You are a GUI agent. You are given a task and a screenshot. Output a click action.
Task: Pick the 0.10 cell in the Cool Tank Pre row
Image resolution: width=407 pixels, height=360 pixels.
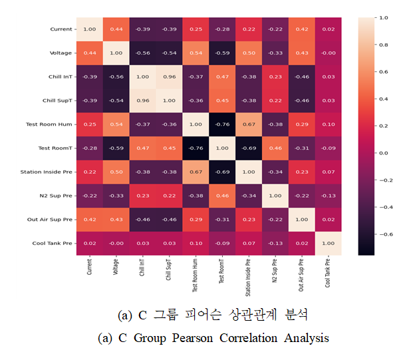point(196,244)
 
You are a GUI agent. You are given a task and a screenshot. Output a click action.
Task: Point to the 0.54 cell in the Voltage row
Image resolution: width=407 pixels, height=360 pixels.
point(196,53)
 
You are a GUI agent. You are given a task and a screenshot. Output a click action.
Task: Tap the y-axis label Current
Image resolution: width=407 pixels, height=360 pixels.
point(61,29)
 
